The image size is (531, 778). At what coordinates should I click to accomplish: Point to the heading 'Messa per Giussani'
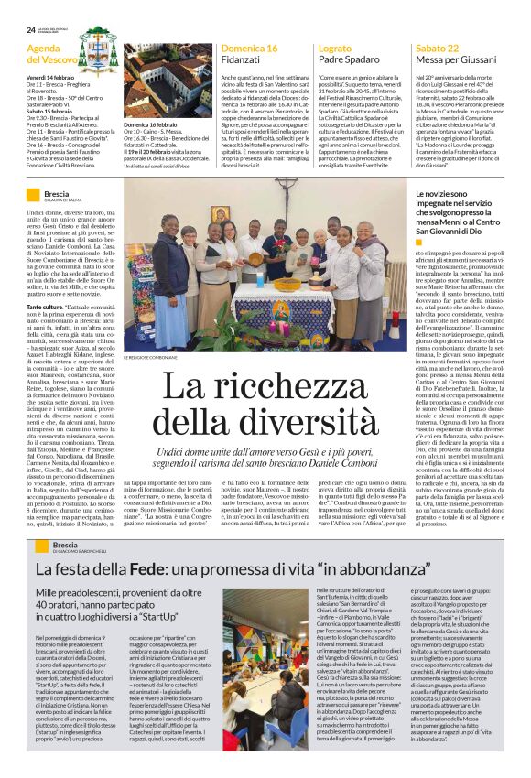tap(454, 59)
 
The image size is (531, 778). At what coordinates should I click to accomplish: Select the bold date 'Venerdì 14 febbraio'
tap(51, 76)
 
